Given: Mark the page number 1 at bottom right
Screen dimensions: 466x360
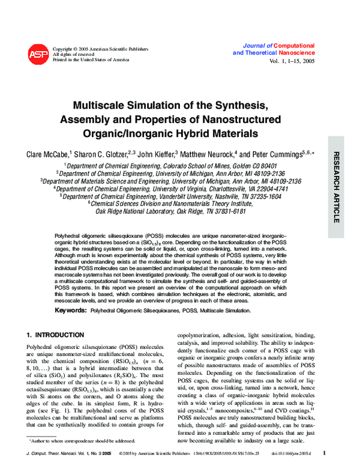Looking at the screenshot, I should (x=325, y=453).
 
